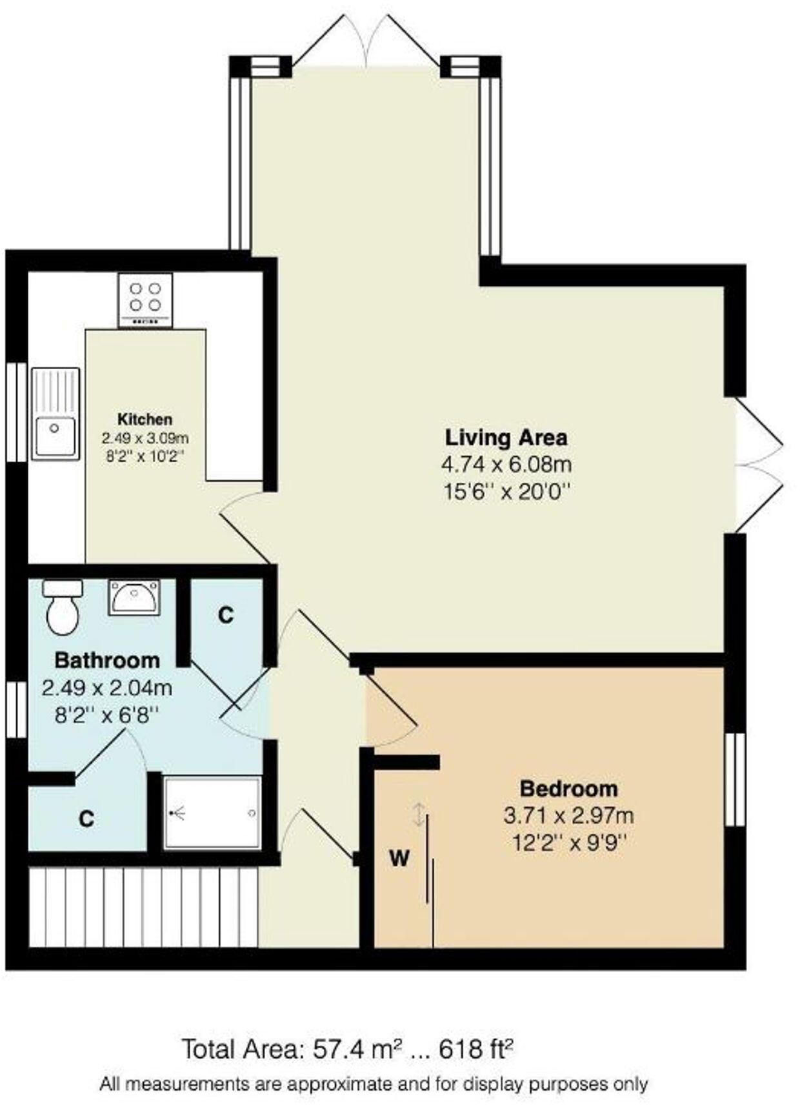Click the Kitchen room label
(145, 419)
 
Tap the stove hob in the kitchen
(145, 300)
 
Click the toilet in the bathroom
(63, 607)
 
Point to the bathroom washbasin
(134, 597)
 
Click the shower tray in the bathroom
(212, 813)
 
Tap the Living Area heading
(506, 437)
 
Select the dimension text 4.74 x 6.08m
(506, 464)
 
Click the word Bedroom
(568, 788)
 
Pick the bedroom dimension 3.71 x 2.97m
(568, 815)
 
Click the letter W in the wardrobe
(399, 858)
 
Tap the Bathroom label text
(107, 660)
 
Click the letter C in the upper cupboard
(225, 615)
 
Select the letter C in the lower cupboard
(86, 818)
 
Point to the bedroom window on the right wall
(734, 779)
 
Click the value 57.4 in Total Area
(335, 1049)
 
